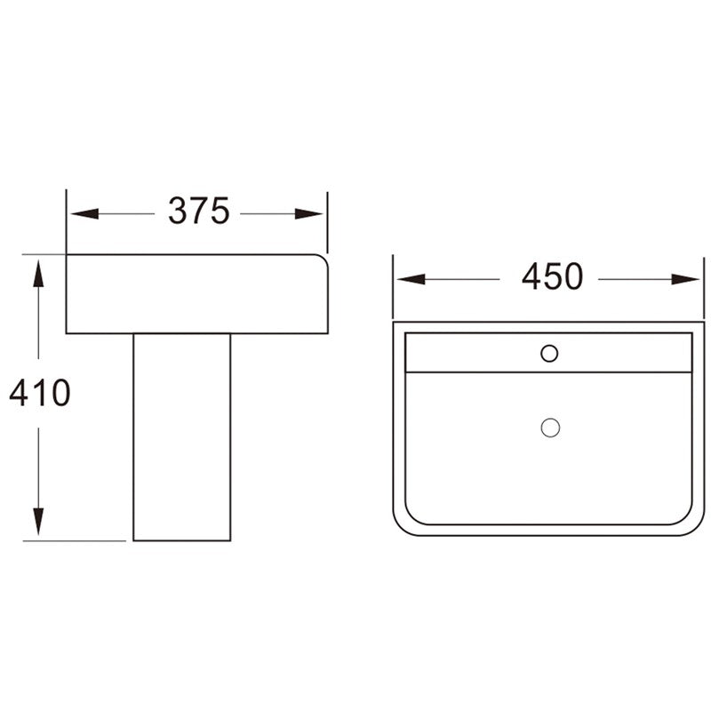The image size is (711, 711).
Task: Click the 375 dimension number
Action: point(198,212)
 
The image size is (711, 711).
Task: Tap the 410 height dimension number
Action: point(39,392)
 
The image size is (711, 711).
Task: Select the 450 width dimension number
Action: point(552,278)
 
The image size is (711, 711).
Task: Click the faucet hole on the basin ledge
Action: point(549,353)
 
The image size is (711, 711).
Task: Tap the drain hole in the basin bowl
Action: point(550,427)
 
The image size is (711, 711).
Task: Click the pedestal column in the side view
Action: point(181,435)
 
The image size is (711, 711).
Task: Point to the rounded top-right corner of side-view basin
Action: point(323,260)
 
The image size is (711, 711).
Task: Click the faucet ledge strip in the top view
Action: point(480,353)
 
